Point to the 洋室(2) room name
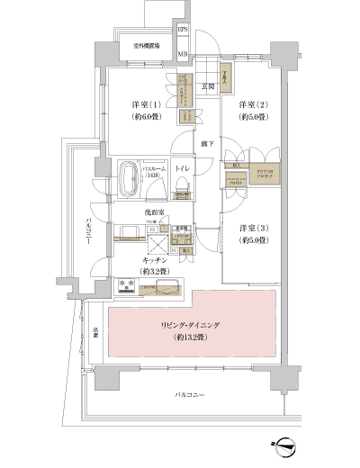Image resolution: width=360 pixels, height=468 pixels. (251, 103)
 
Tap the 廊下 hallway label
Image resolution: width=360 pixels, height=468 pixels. (206, 143)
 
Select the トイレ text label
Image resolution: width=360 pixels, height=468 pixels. (182, 169)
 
